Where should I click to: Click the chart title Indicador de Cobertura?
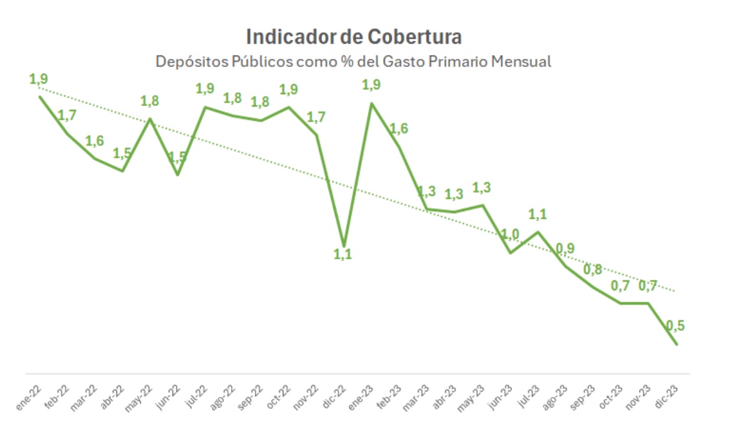(x=354, y=37)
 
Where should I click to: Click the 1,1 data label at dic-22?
(x=343, y=254)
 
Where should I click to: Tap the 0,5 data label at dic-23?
(x=675, y=325)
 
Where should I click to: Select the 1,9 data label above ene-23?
(x=371, y=85)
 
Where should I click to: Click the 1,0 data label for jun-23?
(x=511, y=234)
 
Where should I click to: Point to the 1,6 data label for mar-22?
(x=95, y=141)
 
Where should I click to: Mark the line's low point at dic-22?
(x=344, y=245)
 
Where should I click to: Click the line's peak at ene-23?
(x=372, y=103)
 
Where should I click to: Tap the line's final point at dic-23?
(x=676, y=344)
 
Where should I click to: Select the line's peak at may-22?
(x=150, y=118)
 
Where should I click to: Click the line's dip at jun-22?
(x=178, y=174)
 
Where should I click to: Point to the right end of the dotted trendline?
(x=675, y=291)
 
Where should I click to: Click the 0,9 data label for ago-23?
(x=566, y=249)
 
